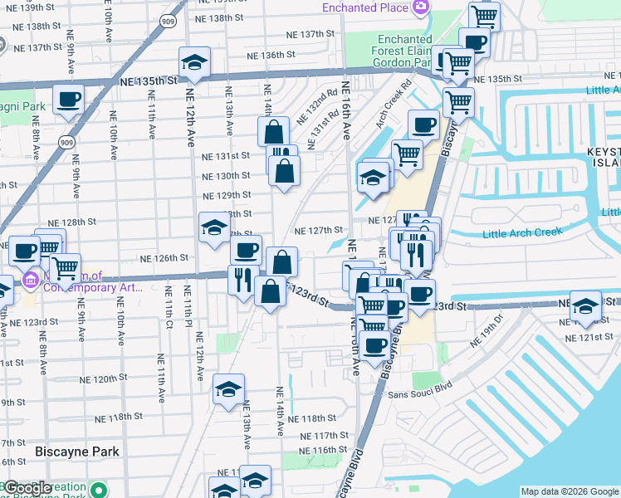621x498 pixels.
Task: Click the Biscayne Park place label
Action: tap(76, 452)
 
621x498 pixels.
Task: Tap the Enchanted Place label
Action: tap(366, 7)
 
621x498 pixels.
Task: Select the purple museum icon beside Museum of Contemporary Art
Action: tap(31, 281)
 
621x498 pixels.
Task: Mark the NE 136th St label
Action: tap(271, 56)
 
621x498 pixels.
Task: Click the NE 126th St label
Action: tap(164, 258)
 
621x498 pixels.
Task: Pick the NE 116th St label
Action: tap(322, 450)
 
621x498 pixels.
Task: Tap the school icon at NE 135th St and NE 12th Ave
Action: tap(194, 62)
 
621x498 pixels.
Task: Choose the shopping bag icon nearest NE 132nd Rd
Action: tap(273, 132)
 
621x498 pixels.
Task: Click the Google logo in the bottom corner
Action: tap(27, 488)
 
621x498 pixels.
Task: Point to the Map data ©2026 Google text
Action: tap(570, 491)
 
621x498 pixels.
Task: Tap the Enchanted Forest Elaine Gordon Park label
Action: tap(404, 51)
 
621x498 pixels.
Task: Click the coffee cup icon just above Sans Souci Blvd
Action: tap(376, 344)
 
